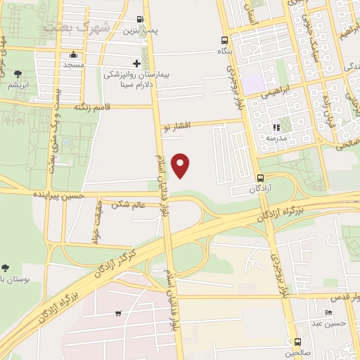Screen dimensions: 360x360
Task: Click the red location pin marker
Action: tap(181, 165)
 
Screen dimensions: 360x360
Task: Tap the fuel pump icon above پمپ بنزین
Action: tap(141, 20)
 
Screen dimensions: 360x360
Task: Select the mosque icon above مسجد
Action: tap(73, 55)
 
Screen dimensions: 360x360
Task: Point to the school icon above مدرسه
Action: tap(276, 128)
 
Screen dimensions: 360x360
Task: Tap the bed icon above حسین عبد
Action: tap(328, 314)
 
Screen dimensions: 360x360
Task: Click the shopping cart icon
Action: tap(119, 314)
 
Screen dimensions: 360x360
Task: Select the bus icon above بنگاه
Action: tap(224, 40)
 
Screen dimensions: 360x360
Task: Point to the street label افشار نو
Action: tap(176, 126)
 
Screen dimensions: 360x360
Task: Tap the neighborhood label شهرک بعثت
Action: tap(76, 27)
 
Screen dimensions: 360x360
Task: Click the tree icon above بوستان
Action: tap(6, 268)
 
